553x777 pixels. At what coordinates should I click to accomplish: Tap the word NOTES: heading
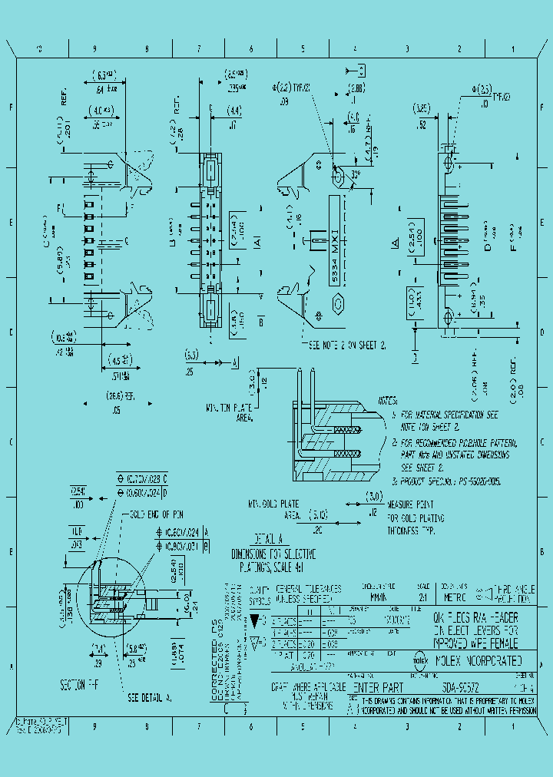[387, 401]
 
